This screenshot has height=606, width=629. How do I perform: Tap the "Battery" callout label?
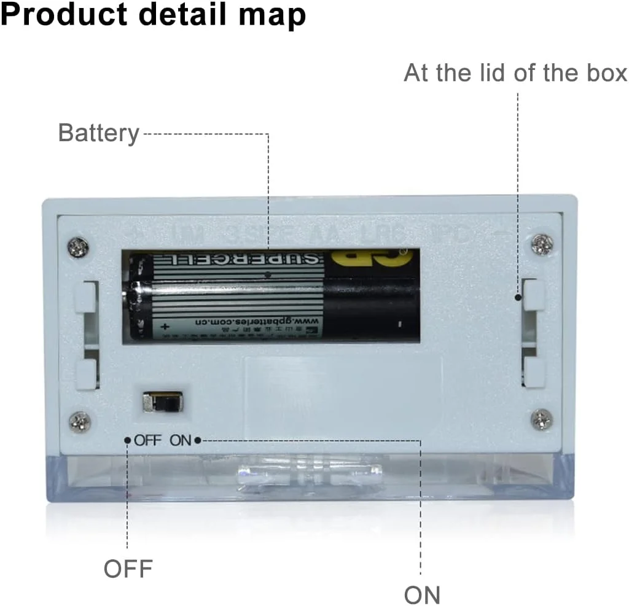(99, 133)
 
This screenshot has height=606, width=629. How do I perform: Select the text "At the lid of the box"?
(515, 73)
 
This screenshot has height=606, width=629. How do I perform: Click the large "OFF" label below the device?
(128, 568)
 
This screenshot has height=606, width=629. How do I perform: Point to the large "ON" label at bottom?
(422, 594)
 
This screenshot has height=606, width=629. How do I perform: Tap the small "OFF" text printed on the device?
(148, 440)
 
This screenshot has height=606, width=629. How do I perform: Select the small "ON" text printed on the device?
(181, 440)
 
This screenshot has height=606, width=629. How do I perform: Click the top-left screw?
(78, 247)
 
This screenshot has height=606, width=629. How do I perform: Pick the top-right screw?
(542, 244)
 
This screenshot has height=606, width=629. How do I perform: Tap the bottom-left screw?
(80, 422)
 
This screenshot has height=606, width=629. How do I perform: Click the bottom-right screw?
(541, 419)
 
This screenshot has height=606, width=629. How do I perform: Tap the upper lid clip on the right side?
(534, 295)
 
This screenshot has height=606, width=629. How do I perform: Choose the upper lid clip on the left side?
(85, 297)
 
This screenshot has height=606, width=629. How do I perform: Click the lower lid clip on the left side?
(86, 375)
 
